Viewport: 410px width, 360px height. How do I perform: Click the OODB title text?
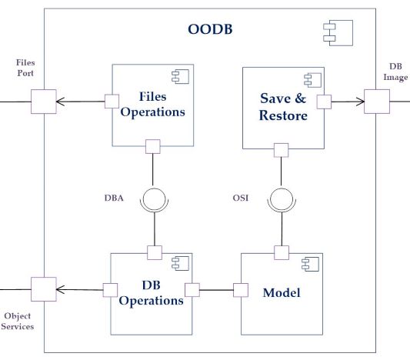(210, 29)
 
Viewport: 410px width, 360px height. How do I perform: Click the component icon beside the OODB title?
(338, 33)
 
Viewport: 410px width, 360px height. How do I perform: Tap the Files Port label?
(25, 68)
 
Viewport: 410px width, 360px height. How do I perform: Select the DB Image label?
(395, 72)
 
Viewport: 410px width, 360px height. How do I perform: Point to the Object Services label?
(18, 322)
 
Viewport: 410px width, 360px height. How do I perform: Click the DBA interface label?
(114, 198)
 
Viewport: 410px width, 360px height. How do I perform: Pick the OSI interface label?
(241, 198)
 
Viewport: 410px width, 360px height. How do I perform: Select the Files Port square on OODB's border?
(44, 102)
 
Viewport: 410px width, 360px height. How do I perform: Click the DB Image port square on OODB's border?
(377, 102)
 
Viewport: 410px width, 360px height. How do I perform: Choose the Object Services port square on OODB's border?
(44, 289)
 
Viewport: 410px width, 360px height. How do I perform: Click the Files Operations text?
(153, 104)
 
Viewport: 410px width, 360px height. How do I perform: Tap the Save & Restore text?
(283, 107)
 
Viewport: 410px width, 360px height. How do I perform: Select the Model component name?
(282, 293)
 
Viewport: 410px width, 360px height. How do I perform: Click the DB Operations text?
(151, 293)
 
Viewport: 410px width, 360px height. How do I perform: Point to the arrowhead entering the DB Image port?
(361, 102)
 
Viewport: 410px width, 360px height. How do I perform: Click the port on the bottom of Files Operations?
(153, 146)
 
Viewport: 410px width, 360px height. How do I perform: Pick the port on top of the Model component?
(282, 253)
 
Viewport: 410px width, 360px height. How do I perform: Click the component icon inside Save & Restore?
(312, 80)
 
